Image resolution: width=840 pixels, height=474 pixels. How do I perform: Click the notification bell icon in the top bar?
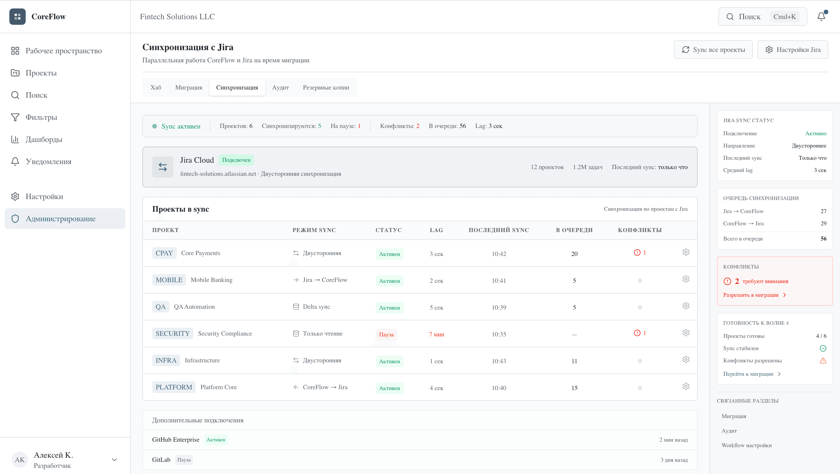point(821,16)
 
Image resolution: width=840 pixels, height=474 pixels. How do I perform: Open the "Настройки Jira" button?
point(792,50)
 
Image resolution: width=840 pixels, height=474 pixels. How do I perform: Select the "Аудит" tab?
point(280,87)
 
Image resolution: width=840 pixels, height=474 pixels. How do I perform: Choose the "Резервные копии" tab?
point(326,87)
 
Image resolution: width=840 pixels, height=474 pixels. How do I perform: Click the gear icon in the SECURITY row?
point(686,333)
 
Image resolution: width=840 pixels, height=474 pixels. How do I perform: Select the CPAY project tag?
point(164,253)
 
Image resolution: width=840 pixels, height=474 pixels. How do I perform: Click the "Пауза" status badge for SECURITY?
point(386,334)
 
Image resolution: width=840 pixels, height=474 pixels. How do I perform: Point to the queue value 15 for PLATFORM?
point(574,388)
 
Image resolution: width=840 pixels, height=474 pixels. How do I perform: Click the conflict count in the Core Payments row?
point(640,253)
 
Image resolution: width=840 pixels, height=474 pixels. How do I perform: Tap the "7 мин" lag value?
point(436,334)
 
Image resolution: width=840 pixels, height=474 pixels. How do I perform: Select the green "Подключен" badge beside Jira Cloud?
point(236,160)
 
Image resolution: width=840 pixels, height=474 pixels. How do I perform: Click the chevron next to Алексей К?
point(114,460)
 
